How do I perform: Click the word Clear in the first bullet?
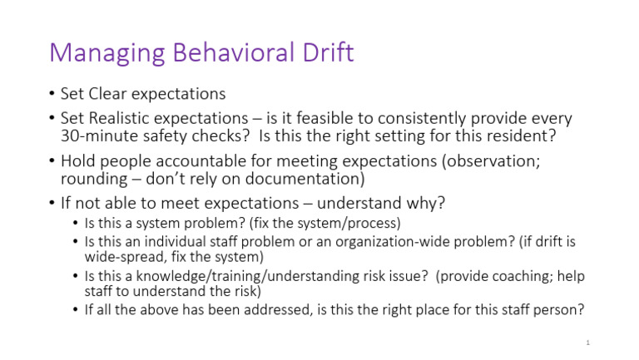[111, 94]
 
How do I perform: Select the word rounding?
[93, 178]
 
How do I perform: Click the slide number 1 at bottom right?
[587, 343]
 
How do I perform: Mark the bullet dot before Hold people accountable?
[52, 161]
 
